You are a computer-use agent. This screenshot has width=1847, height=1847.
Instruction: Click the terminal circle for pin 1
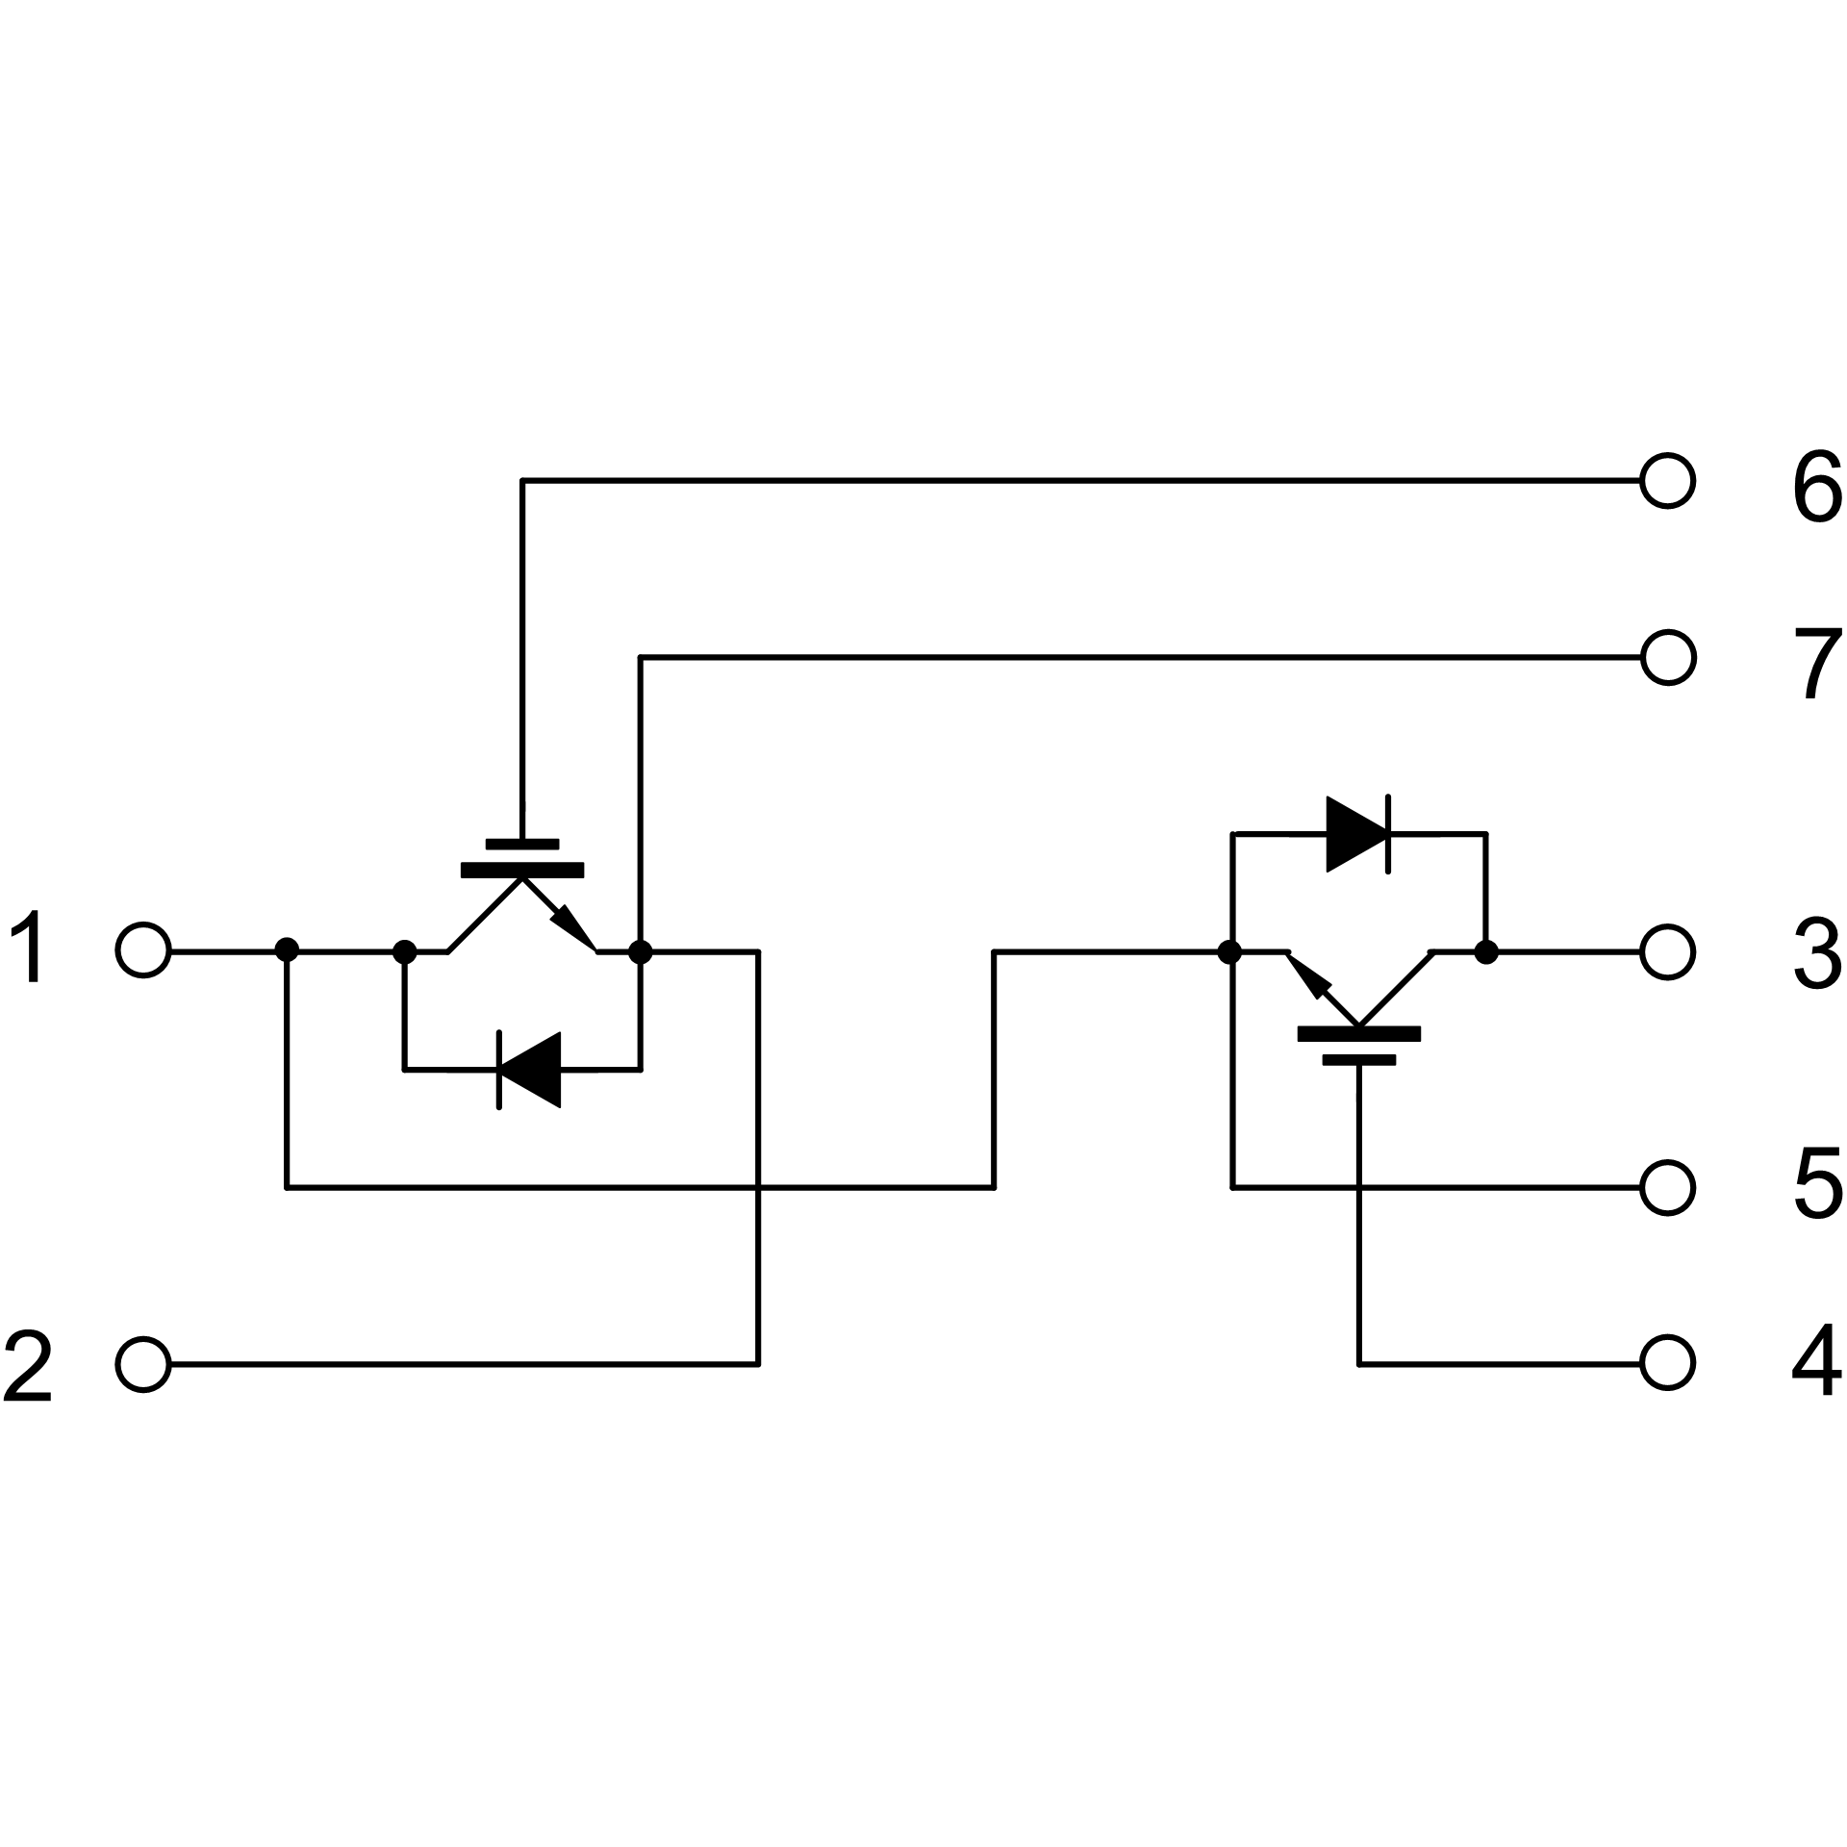click(x=143, y=951)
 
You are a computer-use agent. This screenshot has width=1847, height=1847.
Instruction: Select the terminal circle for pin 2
click(x=143, y=1363)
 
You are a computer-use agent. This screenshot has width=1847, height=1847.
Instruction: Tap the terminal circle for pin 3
click(x=1667, y=952)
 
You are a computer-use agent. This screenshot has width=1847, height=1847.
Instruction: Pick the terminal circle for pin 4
click(x=1667, y=1363)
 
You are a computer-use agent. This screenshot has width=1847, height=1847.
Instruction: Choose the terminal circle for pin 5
click(x=1667, y=1187)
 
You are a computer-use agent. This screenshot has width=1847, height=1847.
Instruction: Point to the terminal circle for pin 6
click(x=1667, y=480)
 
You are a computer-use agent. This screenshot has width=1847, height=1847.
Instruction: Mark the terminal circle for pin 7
click(x=1667, y=657)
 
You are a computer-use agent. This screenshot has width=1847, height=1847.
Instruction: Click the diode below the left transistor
click(x=528, y=1069)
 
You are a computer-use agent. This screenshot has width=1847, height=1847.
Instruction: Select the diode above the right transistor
click(x=1358, y=833)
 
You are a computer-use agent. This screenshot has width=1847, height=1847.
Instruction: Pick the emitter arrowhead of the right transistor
click(x=1308, y=975)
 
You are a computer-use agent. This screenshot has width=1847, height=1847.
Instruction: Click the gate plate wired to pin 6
click(x=522, y=845)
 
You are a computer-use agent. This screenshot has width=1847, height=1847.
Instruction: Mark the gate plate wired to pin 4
click(x=1358, y=1060)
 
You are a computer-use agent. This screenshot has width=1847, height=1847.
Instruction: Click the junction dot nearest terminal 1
click(x=287, y=951)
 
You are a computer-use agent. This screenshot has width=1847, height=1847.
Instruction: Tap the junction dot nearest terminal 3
click(x=1486, y=952)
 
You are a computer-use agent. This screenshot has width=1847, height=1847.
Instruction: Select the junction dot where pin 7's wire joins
click(x=641, y=951)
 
